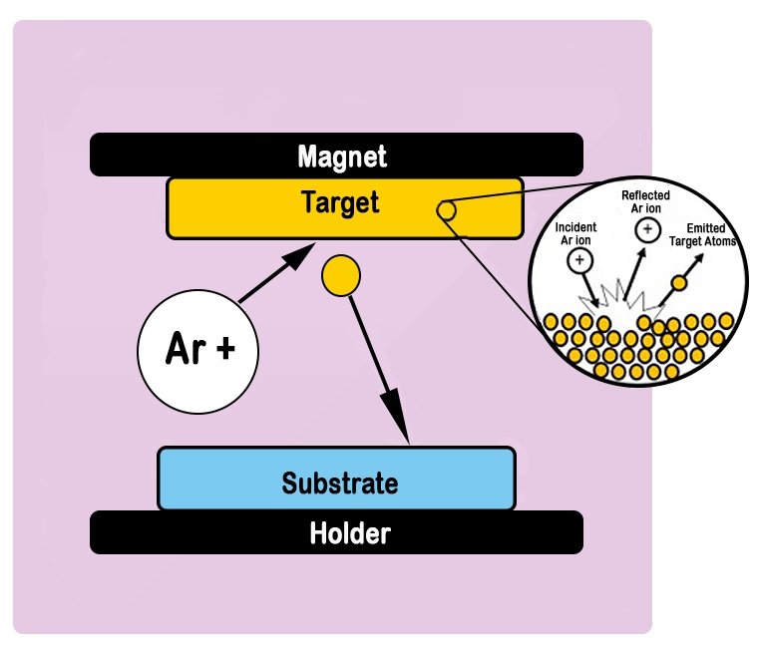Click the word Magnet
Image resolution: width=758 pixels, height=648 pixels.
[x=342, y=157]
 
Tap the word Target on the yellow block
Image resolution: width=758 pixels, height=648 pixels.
[x=340, y=203]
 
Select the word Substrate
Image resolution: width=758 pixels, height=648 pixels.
[x=339, y=485]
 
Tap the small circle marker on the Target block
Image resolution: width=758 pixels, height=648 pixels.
[x=446, y=211]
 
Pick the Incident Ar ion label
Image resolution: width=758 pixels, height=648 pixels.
[x=577, y=234]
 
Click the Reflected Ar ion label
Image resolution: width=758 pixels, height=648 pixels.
[x=645, y=201]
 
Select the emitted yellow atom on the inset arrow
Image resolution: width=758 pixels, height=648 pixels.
[x=678, y=284]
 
